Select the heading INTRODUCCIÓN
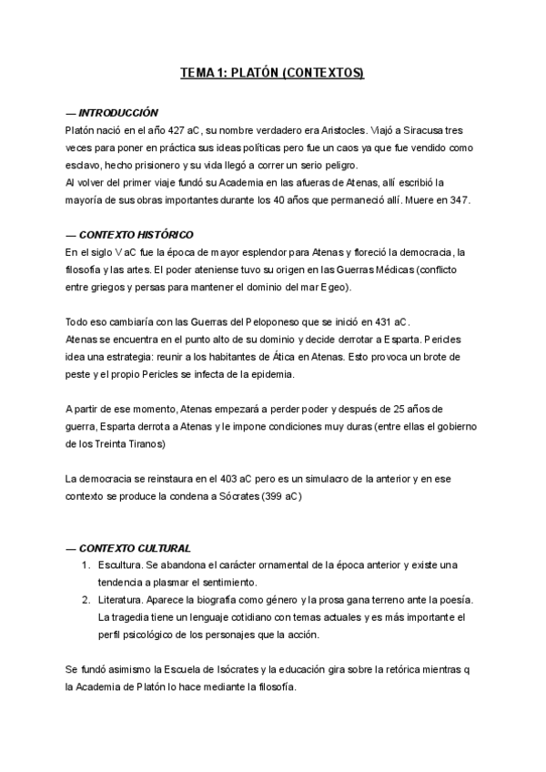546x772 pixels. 118,112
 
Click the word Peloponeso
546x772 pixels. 263,321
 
